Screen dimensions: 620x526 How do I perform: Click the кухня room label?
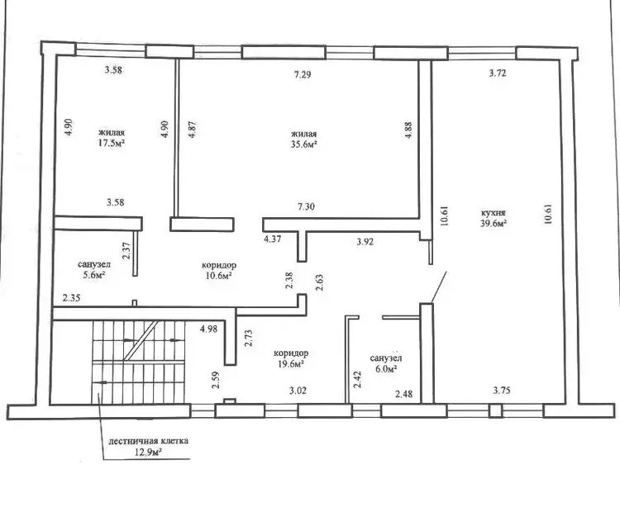point(493,213)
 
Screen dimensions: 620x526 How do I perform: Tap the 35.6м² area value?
point(304,145)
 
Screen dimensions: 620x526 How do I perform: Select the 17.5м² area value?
point(112,143)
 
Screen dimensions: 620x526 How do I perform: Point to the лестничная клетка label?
point(148,441)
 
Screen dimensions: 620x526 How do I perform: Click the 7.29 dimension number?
point(303,74)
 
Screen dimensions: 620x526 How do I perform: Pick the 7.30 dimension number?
point(306,206)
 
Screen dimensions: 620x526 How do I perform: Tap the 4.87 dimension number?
point(193,129)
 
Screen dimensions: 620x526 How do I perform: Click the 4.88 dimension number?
point(408,130)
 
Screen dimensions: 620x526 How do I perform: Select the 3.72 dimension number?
point(498,73)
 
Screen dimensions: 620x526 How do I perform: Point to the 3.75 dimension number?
point(502,390)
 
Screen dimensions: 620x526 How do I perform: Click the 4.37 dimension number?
point(273,239)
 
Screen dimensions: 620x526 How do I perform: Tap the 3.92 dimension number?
point(365,242)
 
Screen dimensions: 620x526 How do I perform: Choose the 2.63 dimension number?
point(319,282)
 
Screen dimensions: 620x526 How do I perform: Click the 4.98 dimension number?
point(208,329)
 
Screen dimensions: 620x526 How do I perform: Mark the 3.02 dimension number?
point(298,391)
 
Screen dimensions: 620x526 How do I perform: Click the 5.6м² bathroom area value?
point(93,275)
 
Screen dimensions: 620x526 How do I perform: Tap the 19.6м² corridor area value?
point(291,363)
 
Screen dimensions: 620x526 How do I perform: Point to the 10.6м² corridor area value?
point(218,275)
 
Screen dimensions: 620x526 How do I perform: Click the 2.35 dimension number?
point(71,298)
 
